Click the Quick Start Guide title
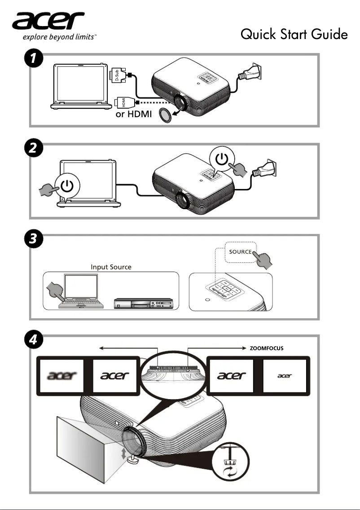pyautogui.click(x=294, y=34)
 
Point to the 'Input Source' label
pyautogui.click(x=111, y=267)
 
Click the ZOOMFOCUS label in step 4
pyautogui.click(x=266, y=348)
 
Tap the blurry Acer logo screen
pyautogui.click(x=63, y=375)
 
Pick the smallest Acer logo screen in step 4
pyautogui.click(x=285, y=375)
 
